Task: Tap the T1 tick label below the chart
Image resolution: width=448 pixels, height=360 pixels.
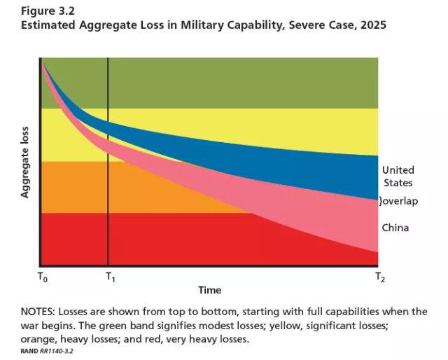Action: [x=111, y=277]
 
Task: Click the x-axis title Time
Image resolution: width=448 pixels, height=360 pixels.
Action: [x=209, y=290]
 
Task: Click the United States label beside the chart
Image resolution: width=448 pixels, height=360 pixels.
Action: [x=398, y=176]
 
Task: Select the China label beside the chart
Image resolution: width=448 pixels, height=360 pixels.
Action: [x=395, y=228]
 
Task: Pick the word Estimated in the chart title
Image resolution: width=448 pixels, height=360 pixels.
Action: [x=48, y=25]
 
